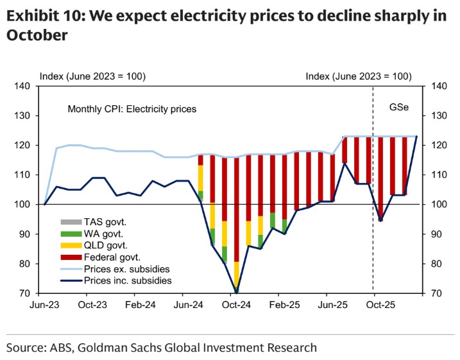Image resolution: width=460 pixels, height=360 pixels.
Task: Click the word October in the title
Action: click(37, 36)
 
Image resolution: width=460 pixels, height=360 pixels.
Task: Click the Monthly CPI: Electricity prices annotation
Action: click(132, 109)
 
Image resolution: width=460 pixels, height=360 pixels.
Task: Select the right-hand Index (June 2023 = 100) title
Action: click(358, 76)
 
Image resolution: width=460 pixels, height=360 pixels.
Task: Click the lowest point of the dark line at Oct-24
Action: click(237, 293)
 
